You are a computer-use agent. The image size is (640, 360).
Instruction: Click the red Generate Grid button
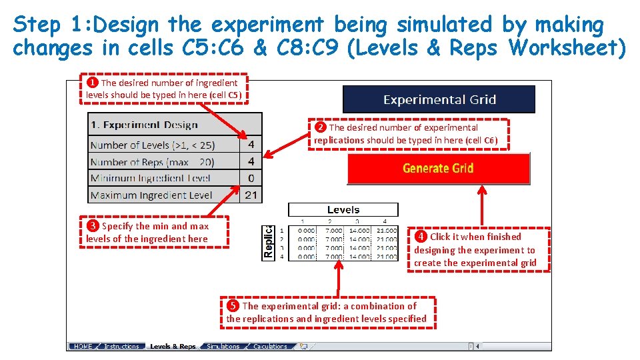click(x=438, y=168)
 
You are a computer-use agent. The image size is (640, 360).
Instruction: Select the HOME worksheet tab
click(x=83, y=347)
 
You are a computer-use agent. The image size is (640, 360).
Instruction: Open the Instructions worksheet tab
click(x=121, y=347)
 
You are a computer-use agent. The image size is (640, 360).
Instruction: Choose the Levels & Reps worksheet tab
click(x=173, y=347)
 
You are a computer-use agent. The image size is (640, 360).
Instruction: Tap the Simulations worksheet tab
click(x=223, y=347)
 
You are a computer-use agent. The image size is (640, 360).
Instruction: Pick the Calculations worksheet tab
click(x=270, y=347)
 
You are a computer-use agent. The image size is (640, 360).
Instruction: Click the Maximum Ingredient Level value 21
click(x=251, y=195)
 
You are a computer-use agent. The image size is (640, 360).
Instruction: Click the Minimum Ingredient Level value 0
click(x=251, y=178)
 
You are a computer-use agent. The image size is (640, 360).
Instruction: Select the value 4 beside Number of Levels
click(x=251, y=145)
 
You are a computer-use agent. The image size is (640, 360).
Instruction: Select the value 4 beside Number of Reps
click(x=251, y=161)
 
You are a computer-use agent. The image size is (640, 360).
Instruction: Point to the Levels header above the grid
click(x=343, y=210)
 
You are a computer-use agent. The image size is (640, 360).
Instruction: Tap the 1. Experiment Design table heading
click(x=144, y=125)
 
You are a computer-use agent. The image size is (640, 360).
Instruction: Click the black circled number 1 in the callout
click(x=93, y=83)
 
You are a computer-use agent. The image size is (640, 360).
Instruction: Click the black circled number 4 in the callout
click(x=421, y=237)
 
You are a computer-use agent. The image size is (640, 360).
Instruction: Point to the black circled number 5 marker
click(x=233, y=306)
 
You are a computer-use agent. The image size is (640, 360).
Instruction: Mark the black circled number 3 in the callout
click(x=93, y=226)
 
